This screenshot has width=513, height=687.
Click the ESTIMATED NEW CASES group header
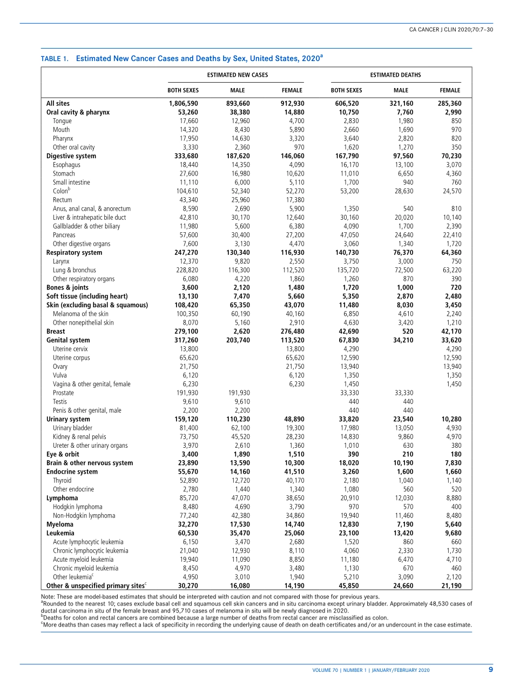(x=238, y=75)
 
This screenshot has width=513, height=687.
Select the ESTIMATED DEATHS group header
(x=395, y=75)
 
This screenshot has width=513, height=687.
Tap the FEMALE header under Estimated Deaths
(x=450, y=90)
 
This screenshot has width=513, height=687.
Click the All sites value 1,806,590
(x=184, y=104)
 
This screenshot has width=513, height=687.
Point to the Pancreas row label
(x=64, y=235)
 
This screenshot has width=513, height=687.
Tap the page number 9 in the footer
(x=491, y=670)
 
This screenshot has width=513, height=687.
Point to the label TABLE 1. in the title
(x=55, y=58)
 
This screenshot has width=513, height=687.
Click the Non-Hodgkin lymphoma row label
(x=84, y=516)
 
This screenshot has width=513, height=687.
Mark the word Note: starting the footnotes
(x=49, y=597)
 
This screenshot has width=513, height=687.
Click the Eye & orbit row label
(x=63, y=454)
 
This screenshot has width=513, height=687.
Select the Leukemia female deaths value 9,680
(x=450, y=533)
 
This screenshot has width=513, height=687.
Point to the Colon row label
(x=60, y=191)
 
